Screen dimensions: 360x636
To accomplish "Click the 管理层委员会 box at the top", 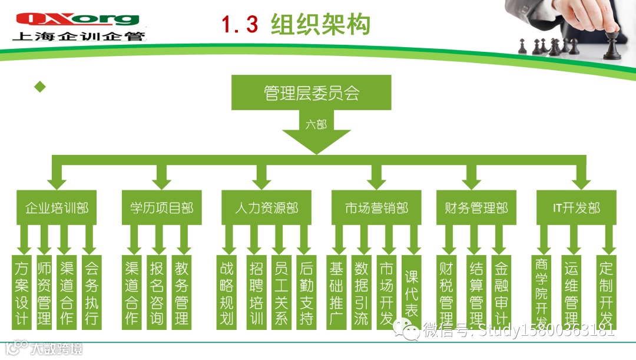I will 312,93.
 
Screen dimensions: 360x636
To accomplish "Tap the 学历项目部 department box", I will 161,208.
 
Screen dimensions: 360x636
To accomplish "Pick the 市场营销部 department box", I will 376,208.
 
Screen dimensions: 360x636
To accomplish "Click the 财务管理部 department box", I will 476,208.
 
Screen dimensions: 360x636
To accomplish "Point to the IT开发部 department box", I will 576,208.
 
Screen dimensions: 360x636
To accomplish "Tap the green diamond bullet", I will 40,87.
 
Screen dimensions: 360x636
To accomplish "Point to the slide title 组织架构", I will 320,25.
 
